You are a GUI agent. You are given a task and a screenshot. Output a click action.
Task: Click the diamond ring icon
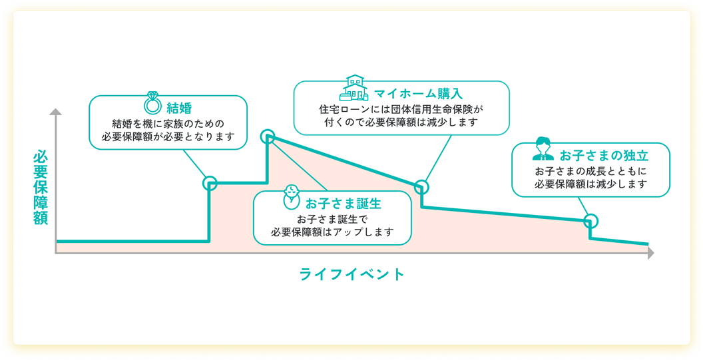click(x=153, y=104)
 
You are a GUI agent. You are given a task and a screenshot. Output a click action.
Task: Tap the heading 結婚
click(x=179, y=108)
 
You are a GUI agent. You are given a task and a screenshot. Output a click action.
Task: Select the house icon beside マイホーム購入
click(x=354, y=89)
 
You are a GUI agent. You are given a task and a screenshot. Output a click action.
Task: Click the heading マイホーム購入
click(x=418, y=93)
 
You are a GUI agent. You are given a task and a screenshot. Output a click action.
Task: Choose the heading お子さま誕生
click(x=344, y=203)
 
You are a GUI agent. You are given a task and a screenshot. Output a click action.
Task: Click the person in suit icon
click(x=543, y=150)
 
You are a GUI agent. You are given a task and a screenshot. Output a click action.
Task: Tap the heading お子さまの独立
click(x=604, y=156)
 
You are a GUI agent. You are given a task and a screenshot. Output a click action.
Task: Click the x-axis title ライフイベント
click(x=352, y=274)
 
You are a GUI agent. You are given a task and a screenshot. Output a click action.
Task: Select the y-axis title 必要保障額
click(x=41, y=188)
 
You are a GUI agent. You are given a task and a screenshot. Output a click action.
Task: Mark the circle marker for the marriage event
click(x=210, y=183)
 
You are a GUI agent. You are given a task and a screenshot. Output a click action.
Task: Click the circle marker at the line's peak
click(x=268, y=137)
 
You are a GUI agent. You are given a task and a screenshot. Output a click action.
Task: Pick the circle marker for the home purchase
click(x=421, y=187)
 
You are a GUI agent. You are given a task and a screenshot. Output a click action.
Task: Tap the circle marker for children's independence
click(x=590, y=220)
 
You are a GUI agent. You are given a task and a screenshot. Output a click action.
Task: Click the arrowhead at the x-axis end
click(x=650, y=253)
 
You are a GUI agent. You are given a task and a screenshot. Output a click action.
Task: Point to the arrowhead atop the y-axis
click(x=56, y=111)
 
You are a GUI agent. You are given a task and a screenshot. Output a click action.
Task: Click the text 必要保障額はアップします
click(x=332, y=232)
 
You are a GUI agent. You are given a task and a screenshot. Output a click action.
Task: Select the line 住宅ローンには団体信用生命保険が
click(x=401, y=109)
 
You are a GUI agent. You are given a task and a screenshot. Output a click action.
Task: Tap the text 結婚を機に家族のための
click(x=168, y=124)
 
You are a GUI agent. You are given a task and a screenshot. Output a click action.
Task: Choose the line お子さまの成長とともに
click(x=590, y=171)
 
